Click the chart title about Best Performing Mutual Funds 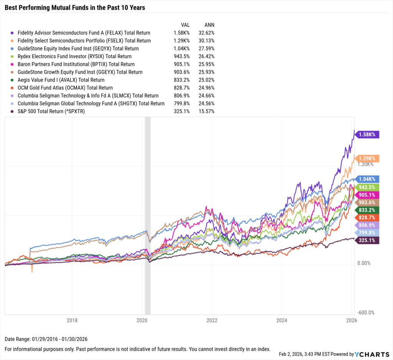coord(75,7)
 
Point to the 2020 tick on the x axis coord(142,320)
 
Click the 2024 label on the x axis coord(282,320)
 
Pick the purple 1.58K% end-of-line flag coord(368,134)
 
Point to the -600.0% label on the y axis coord(366,312)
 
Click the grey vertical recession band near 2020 coord(148,215)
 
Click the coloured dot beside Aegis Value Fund coord(13,80)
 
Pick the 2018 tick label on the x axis coord(72,320)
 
